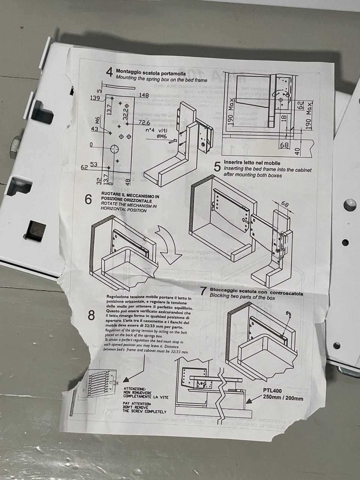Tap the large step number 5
pyautogui.click(x=217, y=167)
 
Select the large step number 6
pyautogui.click(x=88, y=199)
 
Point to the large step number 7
pyautogui.click(x=203, y=292)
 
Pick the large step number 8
pyautogui.click(x=91, y=316)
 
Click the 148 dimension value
pyautogui.click(x=144, y=95)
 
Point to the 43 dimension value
pyautogui.click(x=94, y=129)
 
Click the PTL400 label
pyautogui.click(x=272, y=391)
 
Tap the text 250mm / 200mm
pyautogui.click(x=283, y=398)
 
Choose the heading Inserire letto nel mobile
pyautogui.click(x=252, y=163)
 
